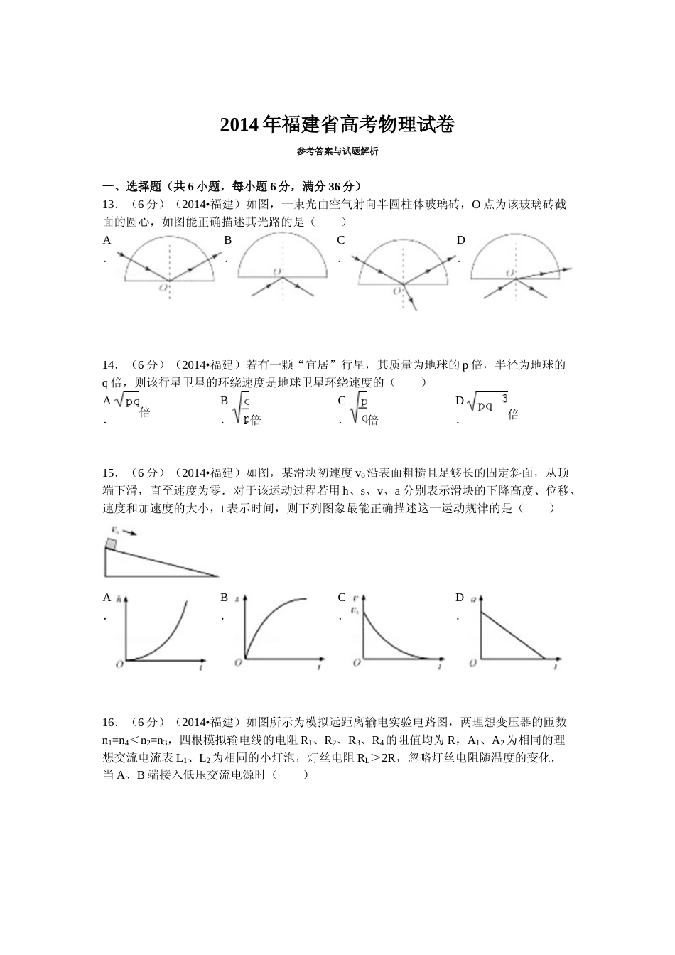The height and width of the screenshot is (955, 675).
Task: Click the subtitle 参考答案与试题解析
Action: (337, 151)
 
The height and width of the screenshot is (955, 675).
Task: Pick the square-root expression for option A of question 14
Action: (128, 401)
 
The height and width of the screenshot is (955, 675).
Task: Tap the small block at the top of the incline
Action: (111, 544)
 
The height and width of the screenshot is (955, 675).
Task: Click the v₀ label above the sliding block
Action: (115, 529)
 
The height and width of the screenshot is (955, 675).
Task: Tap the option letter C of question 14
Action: (342, 401)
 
